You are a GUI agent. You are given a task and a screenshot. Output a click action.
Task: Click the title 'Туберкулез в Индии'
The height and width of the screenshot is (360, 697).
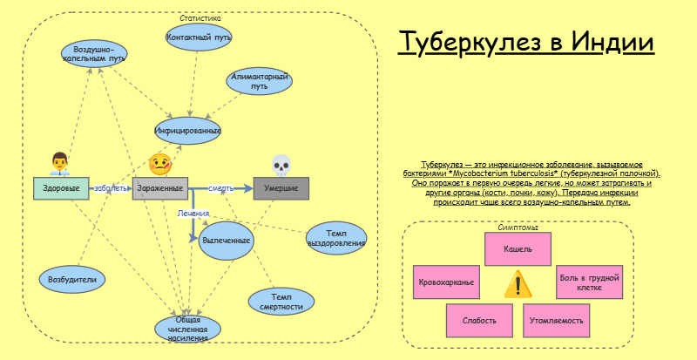[x=525, y=43]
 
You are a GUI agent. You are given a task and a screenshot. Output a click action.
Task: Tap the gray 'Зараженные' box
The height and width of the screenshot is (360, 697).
[x=160, y=188]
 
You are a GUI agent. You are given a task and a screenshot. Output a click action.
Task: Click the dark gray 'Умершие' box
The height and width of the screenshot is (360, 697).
[x=281, y=188]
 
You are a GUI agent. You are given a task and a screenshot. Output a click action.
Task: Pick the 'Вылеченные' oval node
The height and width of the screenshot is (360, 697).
[x=226, y=240]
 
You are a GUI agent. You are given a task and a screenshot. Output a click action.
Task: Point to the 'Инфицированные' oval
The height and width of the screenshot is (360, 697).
[x=187, y=131]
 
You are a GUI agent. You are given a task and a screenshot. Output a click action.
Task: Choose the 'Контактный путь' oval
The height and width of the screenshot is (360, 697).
[x=198, y=37]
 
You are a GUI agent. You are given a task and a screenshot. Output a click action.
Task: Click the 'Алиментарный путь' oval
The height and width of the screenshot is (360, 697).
[x=259, y=82]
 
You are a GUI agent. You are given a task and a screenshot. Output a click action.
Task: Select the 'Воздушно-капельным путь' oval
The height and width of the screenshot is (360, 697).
[x=94, y=54]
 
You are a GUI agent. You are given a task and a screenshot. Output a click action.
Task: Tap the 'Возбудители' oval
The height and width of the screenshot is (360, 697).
[x=73, y=279]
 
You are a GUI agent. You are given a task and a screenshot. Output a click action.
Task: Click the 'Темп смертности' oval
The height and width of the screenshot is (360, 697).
[x=281, y=302]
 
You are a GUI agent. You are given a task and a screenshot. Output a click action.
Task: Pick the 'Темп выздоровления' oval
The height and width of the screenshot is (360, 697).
[x=336, y=238]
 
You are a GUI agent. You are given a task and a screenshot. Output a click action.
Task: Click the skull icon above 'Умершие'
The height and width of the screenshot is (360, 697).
[x=281, y=164]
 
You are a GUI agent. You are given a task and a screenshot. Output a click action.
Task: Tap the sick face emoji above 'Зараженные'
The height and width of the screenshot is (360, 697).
[x=159, y=163]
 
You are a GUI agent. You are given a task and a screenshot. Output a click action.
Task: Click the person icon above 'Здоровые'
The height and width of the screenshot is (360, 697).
[x=59, y=163]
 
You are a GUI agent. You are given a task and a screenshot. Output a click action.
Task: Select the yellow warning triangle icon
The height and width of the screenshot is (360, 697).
[x=518, y=283]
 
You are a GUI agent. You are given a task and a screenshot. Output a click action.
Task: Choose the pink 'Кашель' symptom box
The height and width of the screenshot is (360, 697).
[x=518, y=249]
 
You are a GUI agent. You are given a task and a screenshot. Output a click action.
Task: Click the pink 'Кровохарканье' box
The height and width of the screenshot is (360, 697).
[x=446, y=282]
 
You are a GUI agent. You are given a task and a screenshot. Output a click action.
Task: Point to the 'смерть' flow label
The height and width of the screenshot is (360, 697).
[x=220, y=188]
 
